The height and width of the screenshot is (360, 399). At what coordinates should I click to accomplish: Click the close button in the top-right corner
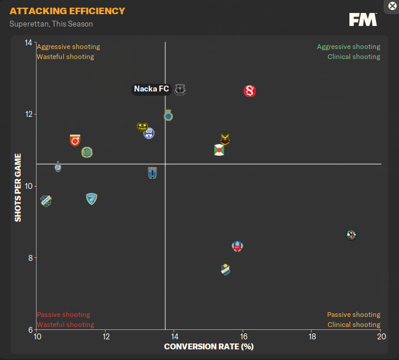pyautogui.click(x=393, y=6)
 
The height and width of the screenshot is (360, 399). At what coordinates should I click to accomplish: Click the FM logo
pyautogui.click(x=362, y=20)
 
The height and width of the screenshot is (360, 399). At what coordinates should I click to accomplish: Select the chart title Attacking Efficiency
pyautogui.click(x=67, y=11)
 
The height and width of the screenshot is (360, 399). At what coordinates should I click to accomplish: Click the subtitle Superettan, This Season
pyautogui.click(x=51, y=24)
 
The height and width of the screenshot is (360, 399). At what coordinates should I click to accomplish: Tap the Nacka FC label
pyautogui.click(x=152, y=89)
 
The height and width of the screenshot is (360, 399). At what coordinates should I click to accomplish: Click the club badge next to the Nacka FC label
pyautogui.click(x=180, y=90)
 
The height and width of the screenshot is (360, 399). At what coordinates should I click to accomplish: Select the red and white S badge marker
pyautogui.click(x=250, y=91)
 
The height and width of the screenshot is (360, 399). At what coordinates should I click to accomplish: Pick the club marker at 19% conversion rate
pyautogui.click(x=352, y=235)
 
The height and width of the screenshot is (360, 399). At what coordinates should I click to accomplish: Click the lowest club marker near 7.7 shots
pyautogui.click(x=225, y=270)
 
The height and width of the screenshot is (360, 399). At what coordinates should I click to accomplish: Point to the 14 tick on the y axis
pyautogui.click(x=28, y=42)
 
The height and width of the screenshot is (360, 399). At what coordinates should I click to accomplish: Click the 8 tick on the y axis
pyautogui.click(x=30, y=258)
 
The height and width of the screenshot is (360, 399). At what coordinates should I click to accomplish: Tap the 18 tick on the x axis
pyautogui.click(x=312, y=336)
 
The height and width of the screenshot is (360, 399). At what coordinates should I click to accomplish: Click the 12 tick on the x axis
pyautogui.click(x=106, y=336)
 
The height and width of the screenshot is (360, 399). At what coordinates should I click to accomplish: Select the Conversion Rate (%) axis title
pyautogui.click(x=208, y=346)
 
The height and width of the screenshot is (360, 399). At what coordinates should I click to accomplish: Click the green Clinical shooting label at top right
pyautogui.click(x=354, y=57)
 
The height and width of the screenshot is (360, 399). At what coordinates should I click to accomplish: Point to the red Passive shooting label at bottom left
pyautogui.click(x=63, y=315)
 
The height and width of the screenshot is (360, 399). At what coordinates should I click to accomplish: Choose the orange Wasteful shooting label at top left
pyautogui.click(x=65, y=57)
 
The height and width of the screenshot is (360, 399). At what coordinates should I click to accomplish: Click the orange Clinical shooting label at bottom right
pyautogui.click(x=354, y=325)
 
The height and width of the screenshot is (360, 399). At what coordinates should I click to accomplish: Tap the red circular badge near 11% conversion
pyautogui.click(x=75, y=140)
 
